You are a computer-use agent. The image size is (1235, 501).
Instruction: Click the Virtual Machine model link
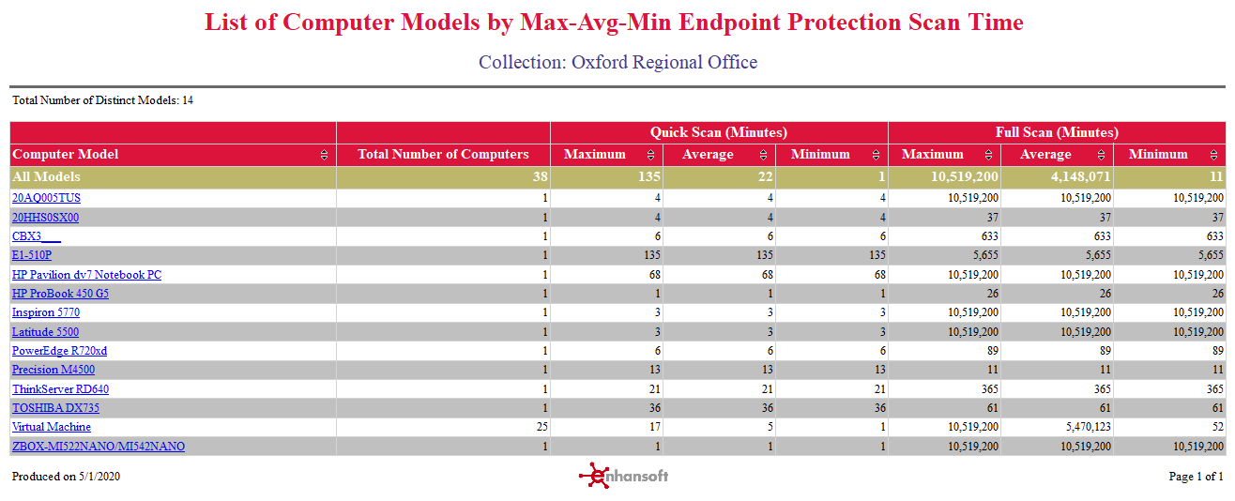click(52, 427)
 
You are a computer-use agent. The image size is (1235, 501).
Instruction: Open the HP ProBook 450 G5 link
click(60, 294)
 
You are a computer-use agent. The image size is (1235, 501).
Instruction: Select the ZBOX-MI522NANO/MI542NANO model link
click(99, 447)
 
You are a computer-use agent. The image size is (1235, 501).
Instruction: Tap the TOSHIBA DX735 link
click(55, 408)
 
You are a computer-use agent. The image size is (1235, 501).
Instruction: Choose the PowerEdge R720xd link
click(59, 351)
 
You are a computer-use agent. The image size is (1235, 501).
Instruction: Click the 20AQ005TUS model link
click(46, 198)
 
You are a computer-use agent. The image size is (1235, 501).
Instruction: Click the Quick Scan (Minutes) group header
click(719, 132)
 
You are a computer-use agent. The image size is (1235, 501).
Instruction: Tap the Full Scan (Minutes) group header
click(1057, 132)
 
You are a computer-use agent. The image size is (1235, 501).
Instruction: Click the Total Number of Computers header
click(443, 155)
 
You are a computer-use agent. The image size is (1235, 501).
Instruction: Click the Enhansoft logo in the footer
click(624, 476)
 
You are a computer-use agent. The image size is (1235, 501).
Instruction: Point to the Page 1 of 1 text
click(1196, 477)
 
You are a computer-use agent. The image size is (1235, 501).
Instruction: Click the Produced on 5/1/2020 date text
click(66, 477)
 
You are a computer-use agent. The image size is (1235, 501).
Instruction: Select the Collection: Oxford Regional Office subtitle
click(617, 62)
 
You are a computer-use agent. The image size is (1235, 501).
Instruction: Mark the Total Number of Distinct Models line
click(102, 100)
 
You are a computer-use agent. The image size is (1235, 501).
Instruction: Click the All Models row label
click(46, 176)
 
